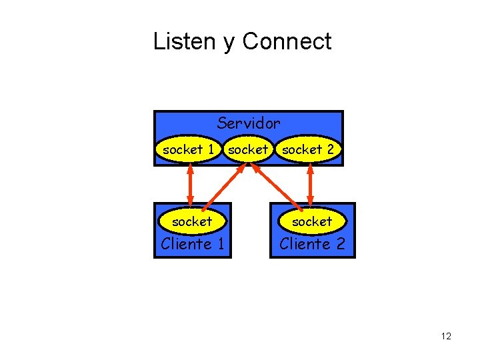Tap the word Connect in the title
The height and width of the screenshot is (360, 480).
point(287,41)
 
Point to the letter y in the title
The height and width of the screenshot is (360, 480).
point(229,43)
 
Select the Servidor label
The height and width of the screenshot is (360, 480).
point(249,123)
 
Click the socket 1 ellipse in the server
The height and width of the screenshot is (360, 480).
point(188,150)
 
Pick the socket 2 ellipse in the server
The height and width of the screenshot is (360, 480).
point(308,150)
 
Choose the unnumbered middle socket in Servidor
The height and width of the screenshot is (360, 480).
point(248,150)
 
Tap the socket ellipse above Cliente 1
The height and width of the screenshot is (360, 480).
point(192,221)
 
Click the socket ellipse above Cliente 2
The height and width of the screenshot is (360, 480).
point(311,221)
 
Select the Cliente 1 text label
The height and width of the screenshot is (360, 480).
point(193,244)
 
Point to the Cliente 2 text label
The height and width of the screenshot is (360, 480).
point(312,244)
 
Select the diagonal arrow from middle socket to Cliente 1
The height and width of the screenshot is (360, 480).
point(222,187)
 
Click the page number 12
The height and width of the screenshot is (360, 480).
point(446,336)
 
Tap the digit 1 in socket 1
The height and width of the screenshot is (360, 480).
point(211,150)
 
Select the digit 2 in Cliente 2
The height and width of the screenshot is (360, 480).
point(340,244)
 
